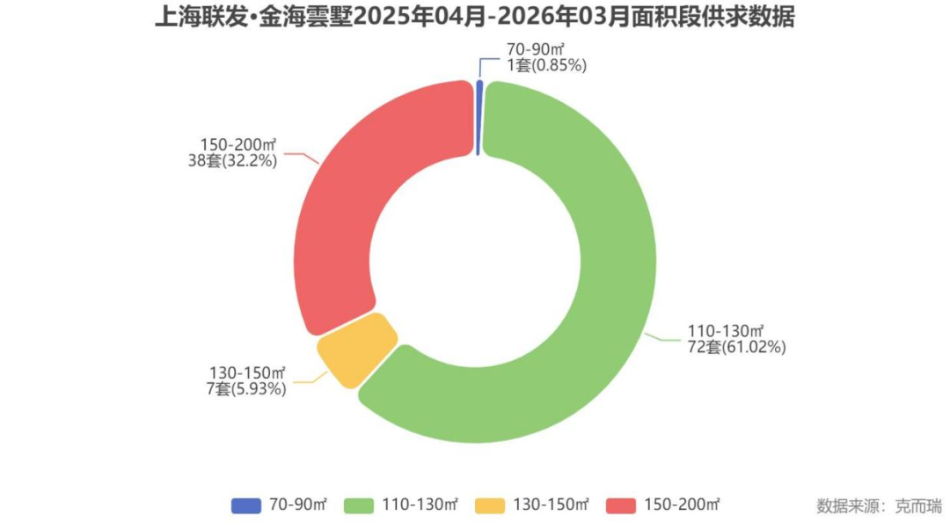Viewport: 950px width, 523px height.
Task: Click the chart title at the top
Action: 474,18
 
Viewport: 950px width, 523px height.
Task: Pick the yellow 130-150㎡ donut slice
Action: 356,349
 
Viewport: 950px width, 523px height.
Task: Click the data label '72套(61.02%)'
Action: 737,347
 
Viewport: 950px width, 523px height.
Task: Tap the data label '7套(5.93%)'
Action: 246,388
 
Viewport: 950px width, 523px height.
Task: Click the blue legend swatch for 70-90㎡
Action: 246,505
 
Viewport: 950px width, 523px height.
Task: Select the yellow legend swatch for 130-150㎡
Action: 490,505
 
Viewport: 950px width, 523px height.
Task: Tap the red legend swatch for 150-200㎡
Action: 622,505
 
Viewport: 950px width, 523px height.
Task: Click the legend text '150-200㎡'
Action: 681,505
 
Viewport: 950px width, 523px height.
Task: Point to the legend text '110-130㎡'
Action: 420,505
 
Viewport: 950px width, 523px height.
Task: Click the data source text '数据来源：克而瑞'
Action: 879,506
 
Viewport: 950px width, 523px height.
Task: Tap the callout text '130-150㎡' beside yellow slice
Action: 248,373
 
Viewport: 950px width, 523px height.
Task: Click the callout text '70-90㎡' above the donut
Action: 534,49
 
